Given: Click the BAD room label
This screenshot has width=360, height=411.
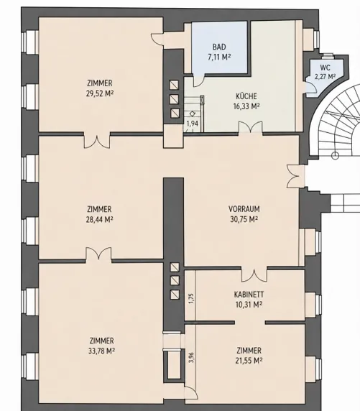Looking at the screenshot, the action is pyautogui.click(x=219, y=47).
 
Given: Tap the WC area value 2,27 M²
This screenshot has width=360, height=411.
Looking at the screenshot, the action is pyautogui.click(x=325, y=77).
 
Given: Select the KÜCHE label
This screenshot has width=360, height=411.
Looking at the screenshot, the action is pyautogui.click(x=246, y=96).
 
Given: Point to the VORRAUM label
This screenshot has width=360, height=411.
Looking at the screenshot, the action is pyautogui.click(x=244, y=209).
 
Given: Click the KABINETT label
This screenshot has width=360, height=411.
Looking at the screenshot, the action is pyautogui.click(x=249, y=295).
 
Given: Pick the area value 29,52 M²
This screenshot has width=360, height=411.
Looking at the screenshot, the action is pyautogui.click(x=100, y=93).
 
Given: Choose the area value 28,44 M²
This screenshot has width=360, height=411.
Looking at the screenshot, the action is pyautogui.click(x=99, y=219).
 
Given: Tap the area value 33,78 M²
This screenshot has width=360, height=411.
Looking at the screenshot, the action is pyautogui.click(x=102, y=351).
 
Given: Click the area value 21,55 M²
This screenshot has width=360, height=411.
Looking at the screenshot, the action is pyautogui.click(x=249, y=361).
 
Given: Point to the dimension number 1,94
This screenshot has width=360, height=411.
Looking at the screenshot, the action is pyautogui.click(x=192, y=123).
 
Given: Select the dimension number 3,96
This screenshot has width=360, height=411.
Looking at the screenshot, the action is pyautogui.click(x=191, y=358).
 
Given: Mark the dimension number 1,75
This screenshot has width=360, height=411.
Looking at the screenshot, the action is pyautogui.click(x=191, y=298).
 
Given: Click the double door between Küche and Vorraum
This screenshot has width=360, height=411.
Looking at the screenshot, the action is pyautogui.click(x=250, y=128).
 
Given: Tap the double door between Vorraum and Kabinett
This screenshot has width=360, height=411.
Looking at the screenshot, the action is pyautogui.click(x=254, y=274).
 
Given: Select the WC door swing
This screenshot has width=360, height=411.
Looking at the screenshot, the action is pyautogui.click(x=311, y=88).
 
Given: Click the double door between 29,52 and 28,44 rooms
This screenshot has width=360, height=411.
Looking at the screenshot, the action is pyautogui.click(x=97, y=142).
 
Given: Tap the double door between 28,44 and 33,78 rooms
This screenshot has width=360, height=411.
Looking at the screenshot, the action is pyautogui.click(x=98, y=254).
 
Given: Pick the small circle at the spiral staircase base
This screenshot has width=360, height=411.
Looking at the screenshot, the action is pyautogui.click(x=335, y=156).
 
